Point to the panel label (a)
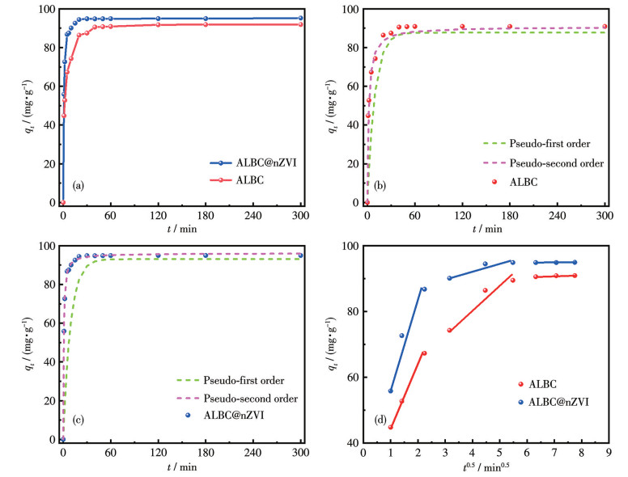point(78,185)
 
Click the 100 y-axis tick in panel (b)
point(350,10)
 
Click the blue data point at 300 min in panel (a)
point(301,18)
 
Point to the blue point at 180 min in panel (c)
point(206,255)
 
